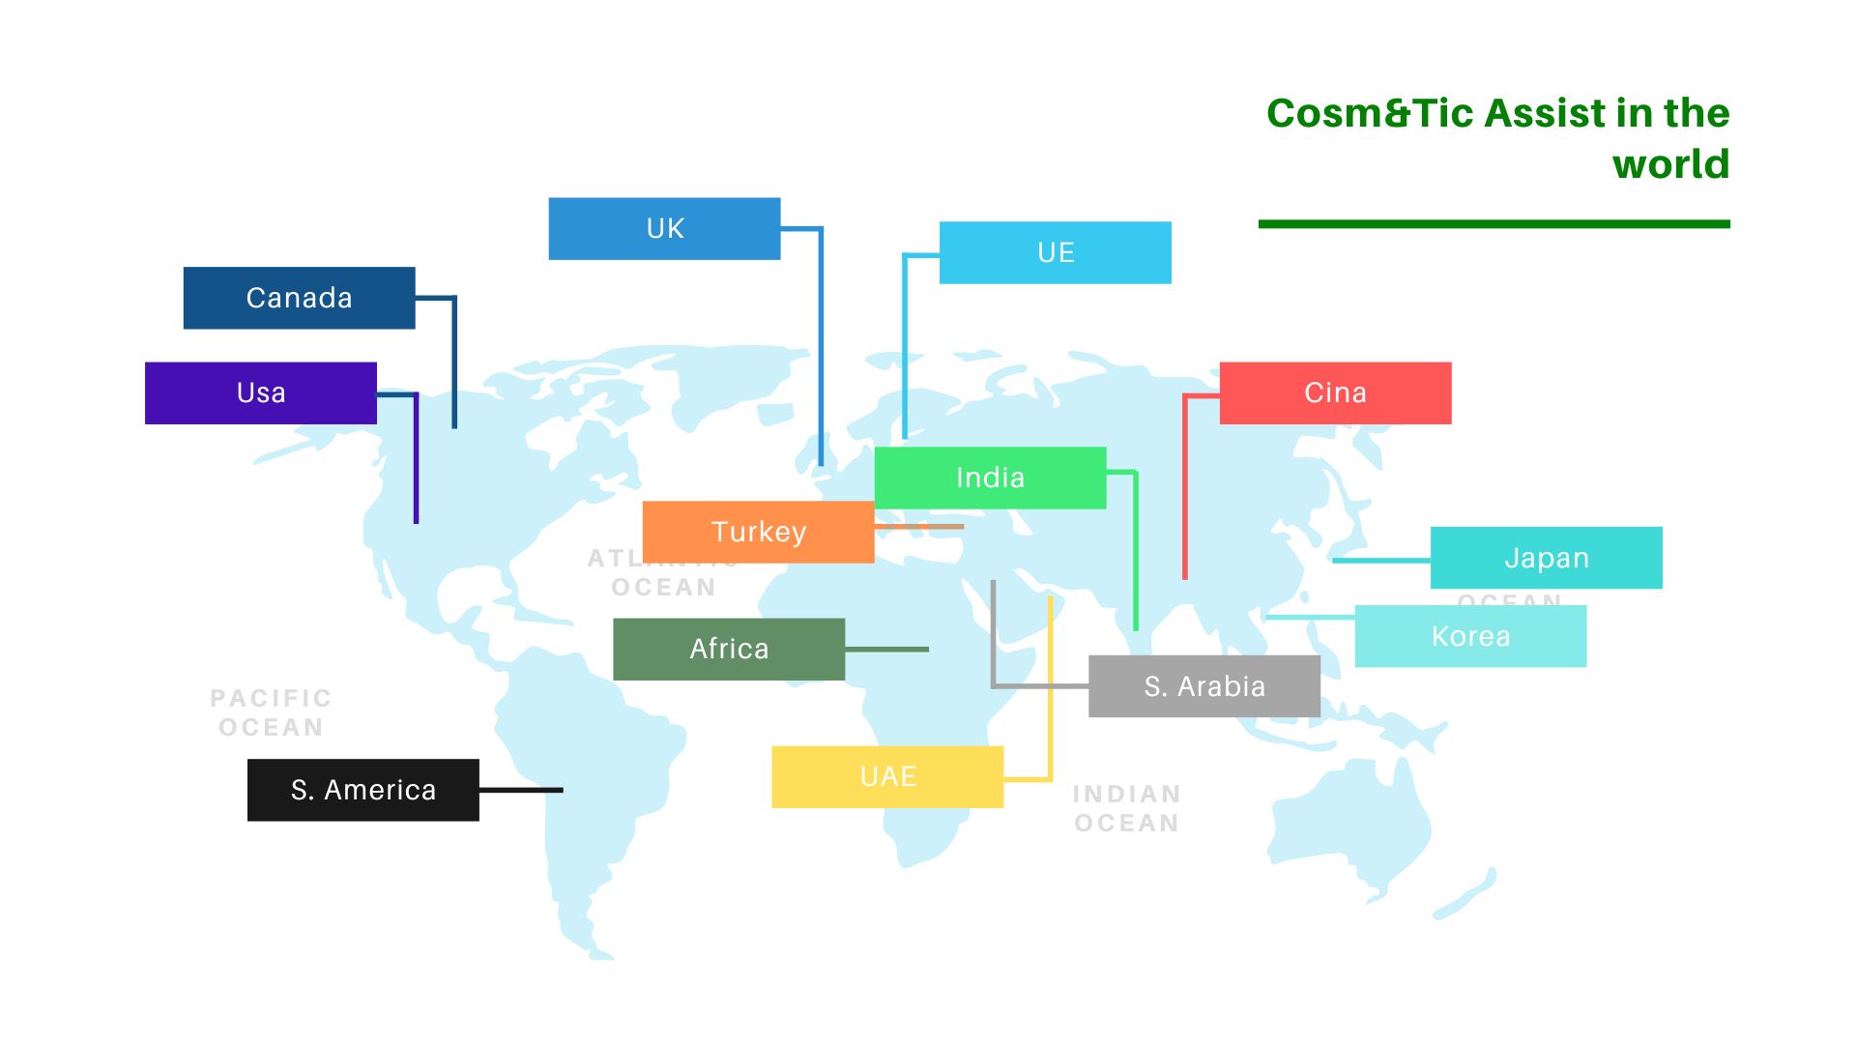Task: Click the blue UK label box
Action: point(664,229)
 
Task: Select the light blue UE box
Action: point(1055,252)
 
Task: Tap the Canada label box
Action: point(299,298)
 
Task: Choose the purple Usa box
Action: point(260,392)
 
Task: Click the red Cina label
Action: point(1335,392)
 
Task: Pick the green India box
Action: point(990,478)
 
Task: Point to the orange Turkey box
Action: point(758,532)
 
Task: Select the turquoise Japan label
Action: point(1546,558)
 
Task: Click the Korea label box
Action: point(1469,636)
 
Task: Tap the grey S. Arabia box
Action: point(1203,686)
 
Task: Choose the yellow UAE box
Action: point(887,776)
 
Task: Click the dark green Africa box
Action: point(729,649)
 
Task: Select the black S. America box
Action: point(362,790)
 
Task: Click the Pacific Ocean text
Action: point(271,712)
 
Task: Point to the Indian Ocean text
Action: point(1127,808)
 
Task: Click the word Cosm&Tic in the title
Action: point(1369,113)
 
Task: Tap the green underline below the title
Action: point(1493,224)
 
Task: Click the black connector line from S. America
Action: point(521,790)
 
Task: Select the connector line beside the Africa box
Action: point(886,650)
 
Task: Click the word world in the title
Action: point(1670,164)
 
